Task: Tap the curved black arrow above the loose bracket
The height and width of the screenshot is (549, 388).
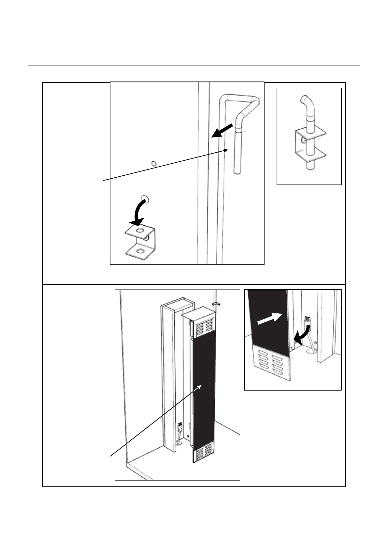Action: coord(139,213)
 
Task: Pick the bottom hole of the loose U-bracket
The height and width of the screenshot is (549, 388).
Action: coord(140,251)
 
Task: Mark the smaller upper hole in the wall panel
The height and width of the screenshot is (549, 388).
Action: coord(154,163)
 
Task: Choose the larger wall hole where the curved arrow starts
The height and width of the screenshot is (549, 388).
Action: coord(144,198)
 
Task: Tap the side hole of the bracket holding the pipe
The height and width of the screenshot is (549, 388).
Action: coord(304,140)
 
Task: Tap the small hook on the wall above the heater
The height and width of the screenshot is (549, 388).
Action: coord(216,304)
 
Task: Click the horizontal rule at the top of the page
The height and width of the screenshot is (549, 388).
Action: coord(194,66)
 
